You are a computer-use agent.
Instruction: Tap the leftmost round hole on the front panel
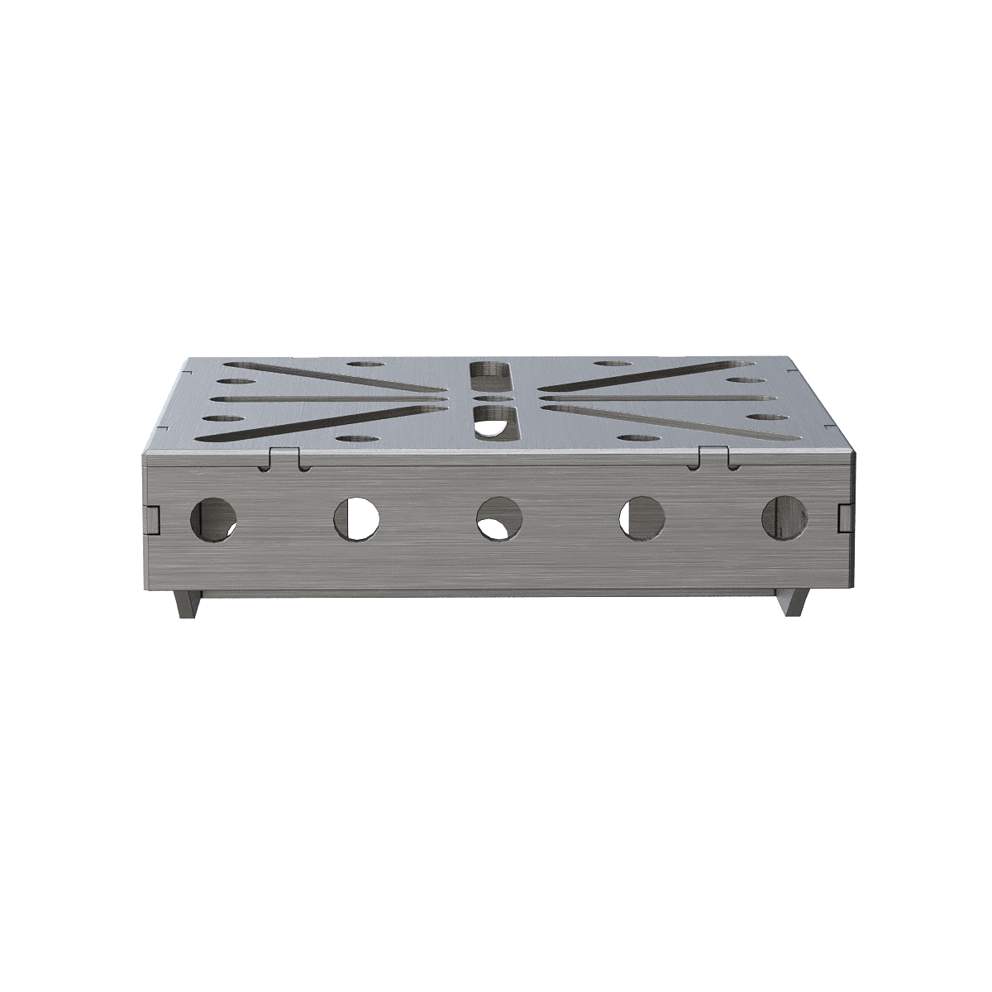pyautogui.click(x=213, y=519)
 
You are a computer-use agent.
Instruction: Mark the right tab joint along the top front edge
pyautogui.click(x=713, y=457)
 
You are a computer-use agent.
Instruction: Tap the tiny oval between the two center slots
pyautogui.click(x=493, y=398)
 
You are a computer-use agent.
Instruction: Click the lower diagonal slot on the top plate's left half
pyautogui.click(x=331, y=419)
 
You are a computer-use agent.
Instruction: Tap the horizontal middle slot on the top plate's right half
pyautogui.click(x=645, y=398)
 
